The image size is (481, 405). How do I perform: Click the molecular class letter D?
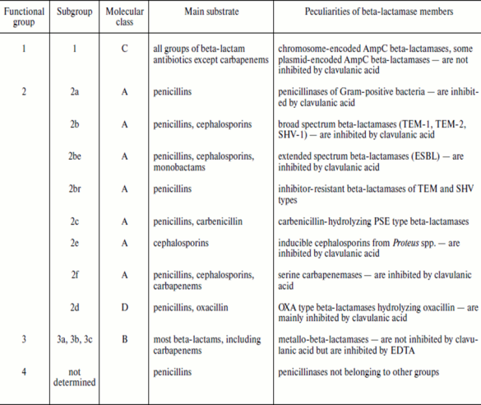(124, 307)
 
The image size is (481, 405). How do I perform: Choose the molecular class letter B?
(124, 339)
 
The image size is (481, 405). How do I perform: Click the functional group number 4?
(24, 371)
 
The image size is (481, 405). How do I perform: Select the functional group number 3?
(24, 339)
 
